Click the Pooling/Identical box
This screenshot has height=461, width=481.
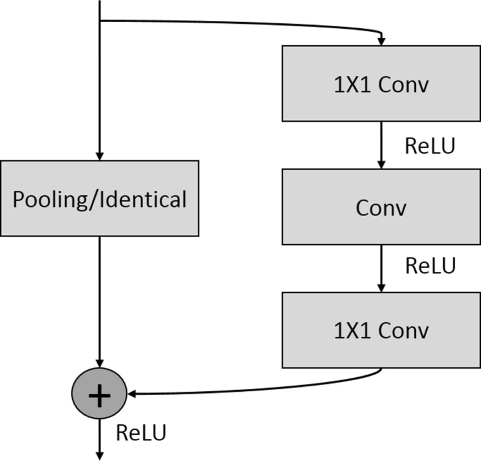click(99, 198)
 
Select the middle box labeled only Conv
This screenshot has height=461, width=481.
click(381, 208)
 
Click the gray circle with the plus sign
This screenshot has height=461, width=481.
click(99, 396)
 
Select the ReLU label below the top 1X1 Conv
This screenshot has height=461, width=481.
click(430, 146)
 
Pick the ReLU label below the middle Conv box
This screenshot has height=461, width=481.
click(430, 266)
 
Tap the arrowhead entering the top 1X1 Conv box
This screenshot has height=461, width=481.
click(381, 41)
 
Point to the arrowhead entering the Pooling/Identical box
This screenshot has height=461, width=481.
click(99, 156)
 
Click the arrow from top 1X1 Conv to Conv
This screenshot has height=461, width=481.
click(381, 144)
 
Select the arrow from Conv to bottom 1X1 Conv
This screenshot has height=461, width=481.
click(381, 268)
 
